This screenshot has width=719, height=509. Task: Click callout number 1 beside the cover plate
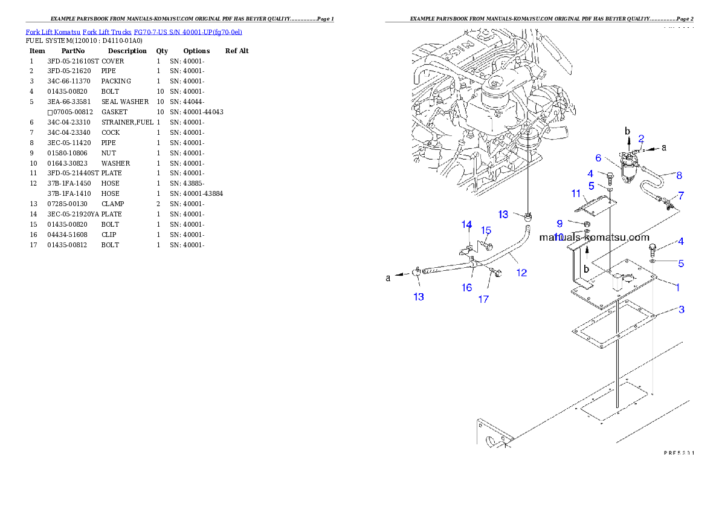pyautogui.click(x=677, y=287)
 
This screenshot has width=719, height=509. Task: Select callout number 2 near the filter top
pyautogui.click(x=641, y=138)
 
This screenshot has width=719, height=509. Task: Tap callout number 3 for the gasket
pyautogui.click(x=681, y=310)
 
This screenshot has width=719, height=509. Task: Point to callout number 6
pyautogui.click(x=598, y=158)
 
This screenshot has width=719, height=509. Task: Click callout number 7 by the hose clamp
pyautogui.click(x=681, y=195)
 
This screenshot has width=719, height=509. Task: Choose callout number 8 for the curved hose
pyautogui.click(x=679, y=175)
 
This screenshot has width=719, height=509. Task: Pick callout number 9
pyautogui.click(x=559, y=223)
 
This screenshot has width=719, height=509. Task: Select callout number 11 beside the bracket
pyautogui.click(x=576, y=193)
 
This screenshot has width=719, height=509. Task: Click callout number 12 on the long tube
pyautogui.click(x=521, y=273)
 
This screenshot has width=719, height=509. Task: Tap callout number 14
pyautogui.click(x=466, y=225)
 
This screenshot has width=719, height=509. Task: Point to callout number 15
pyautogui.click(x=486, y=230)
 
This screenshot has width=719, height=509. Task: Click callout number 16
pyautogui.click(x=467, y=287)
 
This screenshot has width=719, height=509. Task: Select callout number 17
pyautogui.click(x=483, y=299)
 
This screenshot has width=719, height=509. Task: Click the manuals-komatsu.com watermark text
pyautogui.click(x=594, y=238)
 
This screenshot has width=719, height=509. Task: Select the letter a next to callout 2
pyautogui.click(x=665, y=146)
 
